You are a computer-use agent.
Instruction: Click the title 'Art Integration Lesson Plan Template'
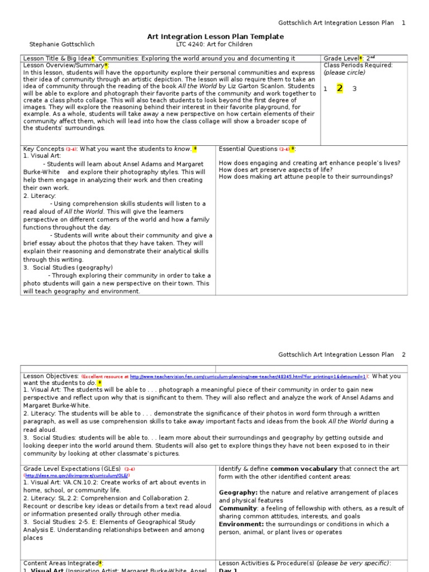(215, 36)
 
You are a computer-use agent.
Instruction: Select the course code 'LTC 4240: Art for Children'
(214, 44)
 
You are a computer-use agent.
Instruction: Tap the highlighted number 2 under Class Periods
(340, 88)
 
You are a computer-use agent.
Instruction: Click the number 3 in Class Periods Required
(354, 89)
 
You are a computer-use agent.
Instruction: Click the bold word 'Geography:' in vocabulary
(238, 493)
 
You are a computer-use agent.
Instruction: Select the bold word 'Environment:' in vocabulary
(241, 524)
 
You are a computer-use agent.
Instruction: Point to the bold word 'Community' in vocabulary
(237, 508)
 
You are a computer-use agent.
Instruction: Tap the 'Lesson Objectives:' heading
(51, 376)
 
